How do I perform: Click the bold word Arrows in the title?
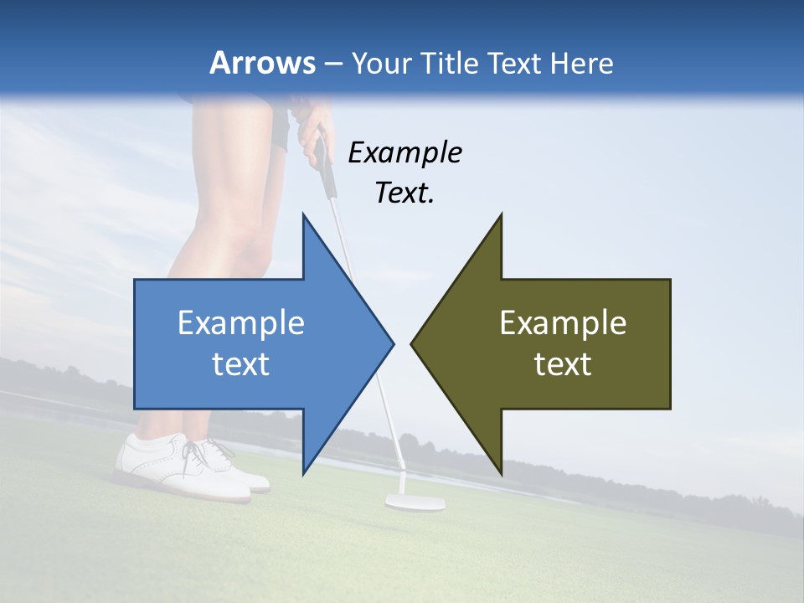click(262, 63)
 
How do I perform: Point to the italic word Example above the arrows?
click(405, 152)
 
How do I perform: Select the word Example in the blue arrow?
click(241, 323)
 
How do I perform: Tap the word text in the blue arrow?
click(241, 364)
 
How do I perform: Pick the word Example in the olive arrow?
click(563, 323)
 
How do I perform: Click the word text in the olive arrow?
click(563, 364)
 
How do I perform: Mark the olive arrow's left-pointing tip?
click(413, 343)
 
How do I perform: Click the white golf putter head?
click(415, 502)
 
